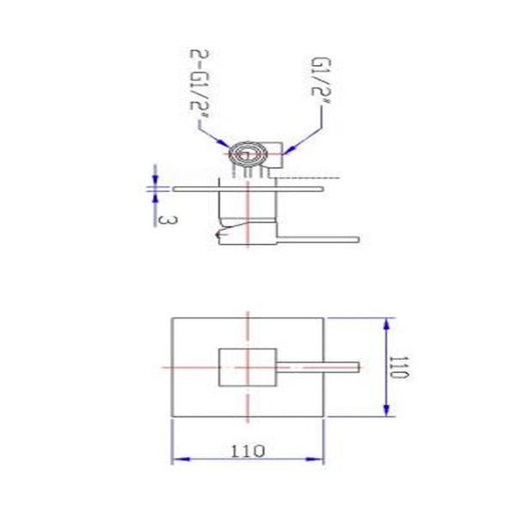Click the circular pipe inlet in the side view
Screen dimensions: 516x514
tap(246, 154)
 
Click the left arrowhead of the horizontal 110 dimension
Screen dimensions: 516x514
tap(176, 459)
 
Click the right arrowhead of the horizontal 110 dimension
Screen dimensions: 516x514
tap(326, 459)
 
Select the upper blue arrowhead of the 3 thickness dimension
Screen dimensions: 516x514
tap(155, 179)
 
